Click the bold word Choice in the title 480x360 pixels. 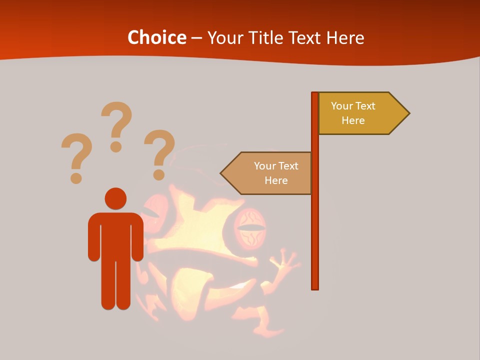[x=156, y=38]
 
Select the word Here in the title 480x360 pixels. [x=345, y=38]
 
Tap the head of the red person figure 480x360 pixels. [x=115, y=198]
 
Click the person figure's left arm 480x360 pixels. [x=94, y=237]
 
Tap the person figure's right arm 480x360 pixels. [x=137, y=237]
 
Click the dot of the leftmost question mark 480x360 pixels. [x=76, y=177]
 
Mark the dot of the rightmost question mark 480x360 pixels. [x=159, y=174]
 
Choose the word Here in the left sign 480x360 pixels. [x=276, y=180]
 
